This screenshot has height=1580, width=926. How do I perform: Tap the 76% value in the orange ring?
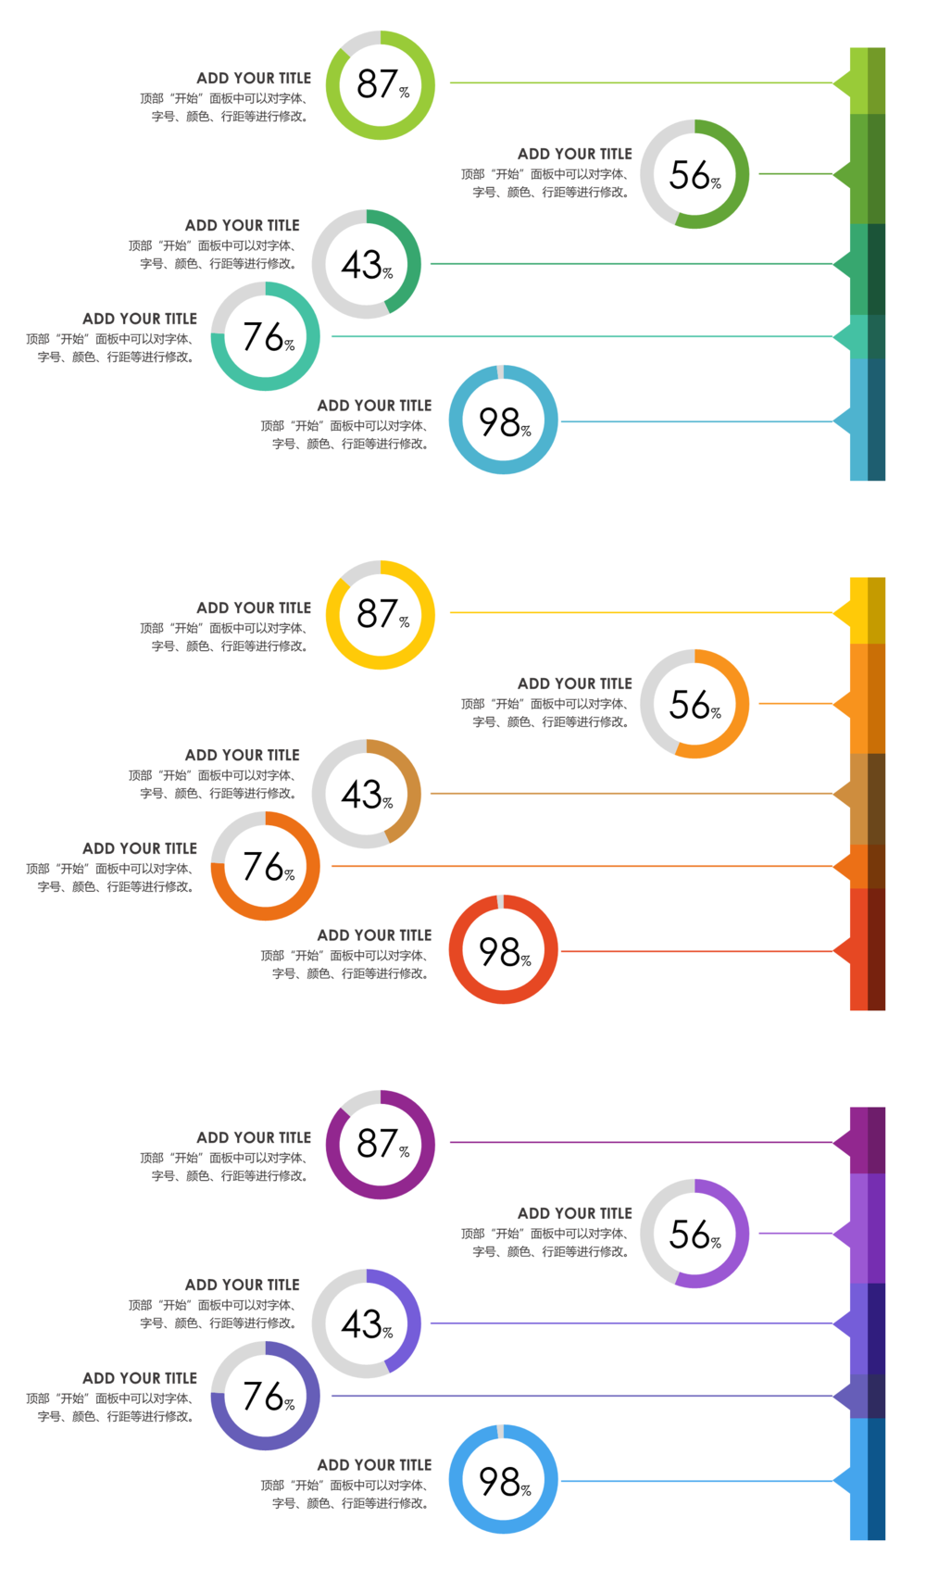pyautogui.click(x=264, y=867)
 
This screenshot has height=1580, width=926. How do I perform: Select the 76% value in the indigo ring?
pyautogui.click(x=264, y=1397)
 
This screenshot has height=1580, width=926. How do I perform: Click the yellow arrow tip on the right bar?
pyautogui.click(x=842, y=613)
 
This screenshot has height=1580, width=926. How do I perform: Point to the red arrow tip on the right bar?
pyautogui.click(x=842, y=951)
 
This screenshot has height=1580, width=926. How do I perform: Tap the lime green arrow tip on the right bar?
pyautogui.click(x=842, y=83)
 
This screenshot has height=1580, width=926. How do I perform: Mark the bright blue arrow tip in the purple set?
pyautogui.click(x=842, y=1481)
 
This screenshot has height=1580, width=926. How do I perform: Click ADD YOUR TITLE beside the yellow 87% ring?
pyautogui.click(x=254, y=608)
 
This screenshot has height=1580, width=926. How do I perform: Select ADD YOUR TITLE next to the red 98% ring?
pyautogui.click(x=374, y=935)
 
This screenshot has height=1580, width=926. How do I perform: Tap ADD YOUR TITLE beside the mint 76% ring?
pyautogui.click(x=140, y=319)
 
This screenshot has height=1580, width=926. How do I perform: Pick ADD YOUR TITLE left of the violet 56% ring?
pyautogui.click(x=574, y=1213)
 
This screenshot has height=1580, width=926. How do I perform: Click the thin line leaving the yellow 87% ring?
pyautogui.click(x=639, y=613)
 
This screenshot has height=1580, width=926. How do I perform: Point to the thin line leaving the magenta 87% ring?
pyautogui.click(x=639, y=1143)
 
